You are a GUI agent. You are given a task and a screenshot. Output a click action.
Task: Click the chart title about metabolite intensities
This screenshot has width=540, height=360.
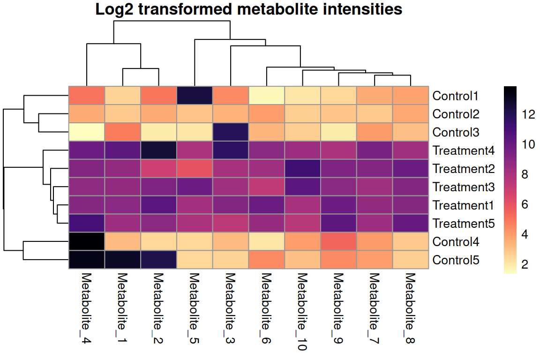(248, 9)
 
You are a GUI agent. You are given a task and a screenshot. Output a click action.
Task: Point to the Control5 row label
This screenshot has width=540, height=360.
(456, 260)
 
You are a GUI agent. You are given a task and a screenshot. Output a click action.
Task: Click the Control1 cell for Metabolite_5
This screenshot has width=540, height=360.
(195, 96)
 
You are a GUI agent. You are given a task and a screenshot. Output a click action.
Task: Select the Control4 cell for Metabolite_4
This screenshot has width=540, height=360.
(87, 242)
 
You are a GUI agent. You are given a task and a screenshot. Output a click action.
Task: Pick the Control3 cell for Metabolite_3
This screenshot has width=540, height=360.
(231, 132)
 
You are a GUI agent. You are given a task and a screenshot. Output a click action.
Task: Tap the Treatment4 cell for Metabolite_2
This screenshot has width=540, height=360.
(158, 151)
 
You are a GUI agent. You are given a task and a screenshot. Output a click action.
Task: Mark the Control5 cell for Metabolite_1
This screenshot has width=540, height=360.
(123, 260)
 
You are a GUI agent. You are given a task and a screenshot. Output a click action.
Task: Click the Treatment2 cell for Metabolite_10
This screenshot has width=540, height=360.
(303, 169)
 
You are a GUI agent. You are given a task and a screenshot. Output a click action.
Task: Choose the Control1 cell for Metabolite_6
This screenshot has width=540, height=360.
(267, 96)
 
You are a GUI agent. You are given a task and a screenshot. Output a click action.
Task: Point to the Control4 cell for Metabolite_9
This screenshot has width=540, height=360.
(338, 242)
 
